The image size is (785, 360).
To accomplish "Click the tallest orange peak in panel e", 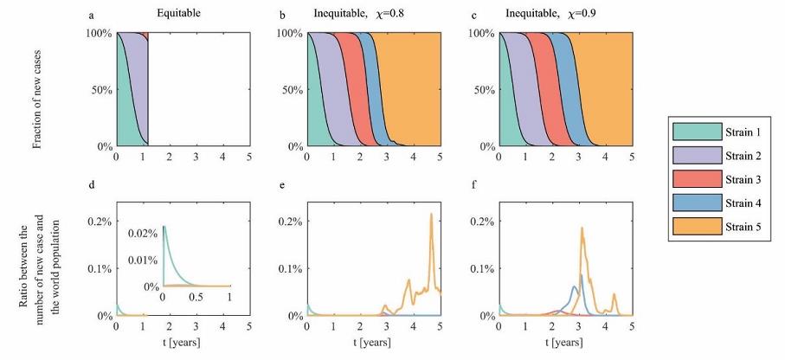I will coord(431,214).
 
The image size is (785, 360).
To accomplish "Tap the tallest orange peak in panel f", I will coord(582,228).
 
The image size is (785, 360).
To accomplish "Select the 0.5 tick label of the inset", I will coord(196,296).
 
